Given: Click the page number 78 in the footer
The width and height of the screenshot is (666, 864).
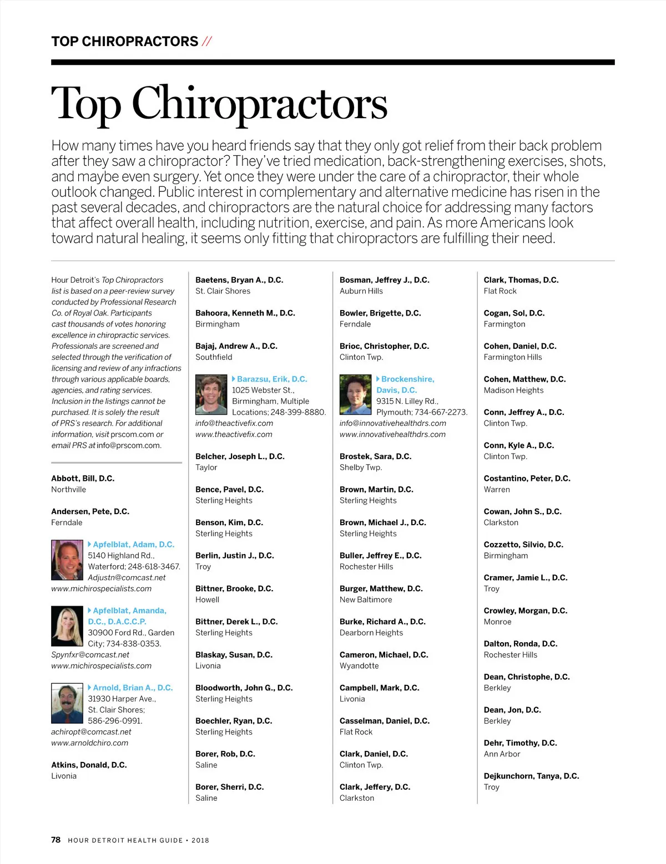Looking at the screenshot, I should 56,840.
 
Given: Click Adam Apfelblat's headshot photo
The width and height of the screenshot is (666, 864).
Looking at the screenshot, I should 67,560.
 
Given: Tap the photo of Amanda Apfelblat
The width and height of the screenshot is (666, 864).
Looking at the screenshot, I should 67,626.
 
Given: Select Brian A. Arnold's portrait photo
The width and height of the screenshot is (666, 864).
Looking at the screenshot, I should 67,703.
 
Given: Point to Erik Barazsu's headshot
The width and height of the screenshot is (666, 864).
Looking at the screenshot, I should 211,395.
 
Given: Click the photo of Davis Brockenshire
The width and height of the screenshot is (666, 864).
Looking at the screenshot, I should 356,395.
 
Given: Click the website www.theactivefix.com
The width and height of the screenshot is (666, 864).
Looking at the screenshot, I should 234,434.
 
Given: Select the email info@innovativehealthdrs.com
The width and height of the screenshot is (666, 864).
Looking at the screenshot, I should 393,423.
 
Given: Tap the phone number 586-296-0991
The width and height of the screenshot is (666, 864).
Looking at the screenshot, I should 115,721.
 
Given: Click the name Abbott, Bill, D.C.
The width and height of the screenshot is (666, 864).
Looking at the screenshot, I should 83,479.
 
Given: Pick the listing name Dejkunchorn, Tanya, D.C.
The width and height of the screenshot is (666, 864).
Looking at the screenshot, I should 531,776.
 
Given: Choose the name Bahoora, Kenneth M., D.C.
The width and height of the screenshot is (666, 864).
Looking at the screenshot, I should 245,313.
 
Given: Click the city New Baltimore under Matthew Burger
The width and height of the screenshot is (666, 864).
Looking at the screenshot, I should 366,599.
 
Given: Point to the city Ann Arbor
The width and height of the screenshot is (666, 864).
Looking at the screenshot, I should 502,754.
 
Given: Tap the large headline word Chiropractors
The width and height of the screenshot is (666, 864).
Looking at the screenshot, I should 259,103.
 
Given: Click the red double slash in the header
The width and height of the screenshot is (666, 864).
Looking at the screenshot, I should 206,42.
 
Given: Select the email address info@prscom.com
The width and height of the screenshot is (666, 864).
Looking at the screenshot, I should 129,445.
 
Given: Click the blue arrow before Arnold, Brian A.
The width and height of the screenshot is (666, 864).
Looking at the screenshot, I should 90,687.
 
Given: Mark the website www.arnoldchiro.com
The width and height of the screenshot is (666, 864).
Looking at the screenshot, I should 89,743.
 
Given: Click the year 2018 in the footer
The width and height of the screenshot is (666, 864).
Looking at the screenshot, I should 200,840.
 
